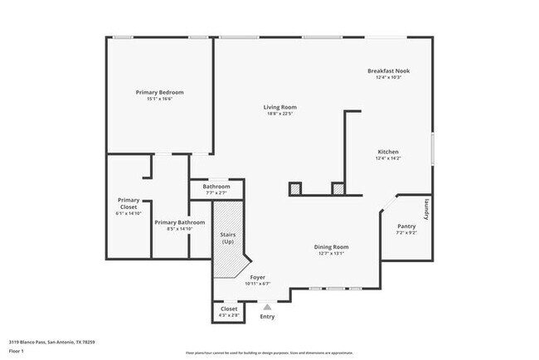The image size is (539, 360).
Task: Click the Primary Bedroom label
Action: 159,91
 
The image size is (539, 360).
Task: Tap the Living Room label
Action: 279,107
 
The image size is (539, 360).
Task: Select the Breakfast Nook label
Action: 388,71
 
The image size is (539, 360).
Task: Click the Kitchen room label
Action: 388,152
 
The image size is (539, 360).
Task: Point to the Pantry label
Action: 405,226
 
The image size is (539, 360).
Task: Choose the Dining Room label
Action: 330,246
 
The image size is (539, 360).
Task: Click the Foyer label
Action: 257,277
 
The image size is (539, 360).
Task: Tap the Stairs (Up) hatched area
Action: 227,241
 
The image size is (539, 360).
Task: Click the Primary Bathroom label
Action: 179,222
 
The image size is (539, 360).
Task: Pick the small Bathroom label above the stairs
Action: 216,187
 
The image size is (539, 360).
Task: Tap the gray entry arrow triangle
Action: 267,306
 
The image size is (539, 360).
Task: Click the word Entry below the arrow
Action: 267,317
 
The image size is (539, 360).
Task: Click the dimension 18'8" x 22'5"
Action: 279,114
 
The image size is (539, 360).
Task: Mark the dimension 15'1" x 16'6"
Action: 159,98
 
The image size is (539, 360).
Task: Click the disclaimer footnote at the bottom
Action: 269,352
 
